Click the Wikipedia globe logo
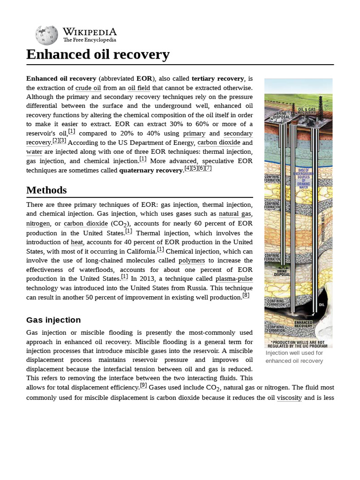point(46,36)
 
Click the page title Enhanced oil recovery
point(97,55)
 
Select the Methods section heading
point(46,190)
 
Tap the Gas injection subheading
point(53,320)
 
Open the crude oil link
point(88,88)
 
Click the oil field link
point(139,88)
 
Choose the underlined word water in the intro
point(34,152)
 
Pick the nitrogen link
point(38,224)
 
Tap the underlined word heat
point(77,242)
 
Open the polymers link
point(192,260)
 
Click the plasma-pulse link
point(234,279)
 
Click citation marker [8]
point(246,295)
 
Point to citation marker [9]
point(143,385)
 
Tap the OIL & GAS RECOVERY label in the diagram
point(307,111)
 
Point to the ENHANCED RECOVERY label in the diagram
point(303,324)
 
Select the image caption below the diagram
point(294,357)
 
